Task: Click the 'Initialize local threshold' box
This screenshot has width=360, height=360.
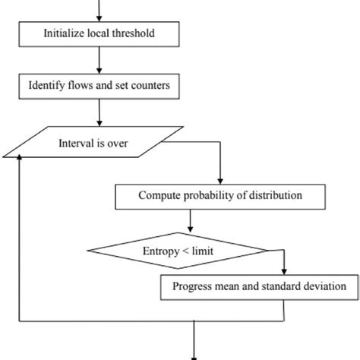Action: point(100,34)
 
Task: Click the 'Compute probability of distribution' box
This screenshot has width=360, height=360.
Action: point(219,196)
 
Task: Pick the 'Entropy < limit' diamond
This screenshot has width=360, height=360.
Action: point(178,249)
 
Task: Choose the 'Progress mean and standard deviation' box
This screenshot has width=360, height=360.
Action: point(259,286)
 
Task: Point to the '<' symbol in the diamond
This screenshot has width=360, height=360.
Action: point(185,249)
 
